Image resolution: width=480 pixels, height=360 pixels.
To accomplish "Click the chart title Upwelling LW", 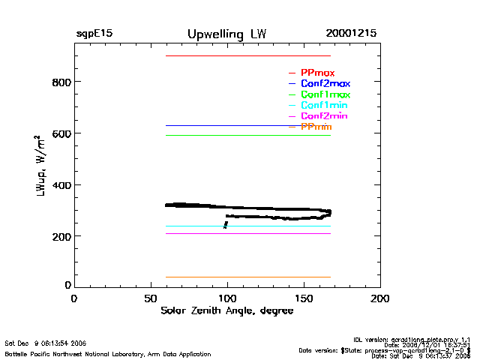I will pos(226,34).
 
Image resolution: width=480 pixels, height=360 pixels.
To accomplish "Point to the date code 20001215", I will pos(351,34).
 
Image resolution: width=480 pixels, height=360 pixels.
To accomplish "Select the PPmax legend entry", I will pos(317,73).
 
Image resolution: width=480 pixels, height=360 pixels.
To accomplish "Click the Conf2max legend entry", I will pos(325,84).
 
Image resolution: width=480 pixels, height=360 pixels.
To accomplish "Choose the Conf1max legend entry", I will pos(325,95).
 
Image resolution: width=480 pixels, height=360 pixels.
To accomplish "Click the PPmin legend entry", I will pos(316,127).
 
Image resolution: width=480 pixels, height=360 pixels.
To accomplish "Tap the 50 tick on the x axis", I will pos(150,299).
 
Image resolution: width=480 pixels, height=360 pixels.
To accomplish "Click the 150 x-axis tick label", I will pos(304,299).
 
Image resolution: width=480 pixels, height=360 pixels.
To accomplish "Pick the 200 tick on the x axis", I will pos(380,299).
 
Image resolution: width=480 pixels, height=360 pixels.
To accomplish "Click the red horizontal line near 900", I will pos(247,56).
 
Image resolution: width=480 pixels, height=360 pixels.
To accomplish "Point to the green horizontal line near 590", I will pos(247,135).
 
